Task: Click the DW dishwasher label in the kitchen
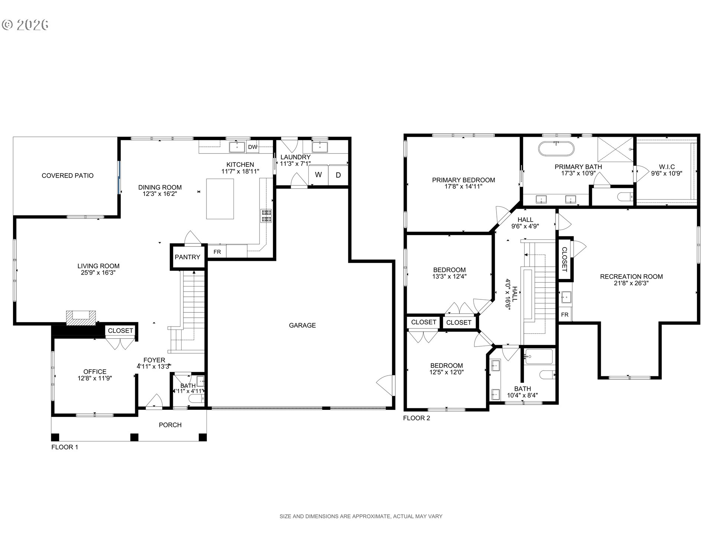[253, 147]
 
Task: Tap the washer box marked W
[318, 175]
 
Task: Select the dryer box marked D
[338, 175]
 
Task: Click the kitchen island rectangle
[220, 199]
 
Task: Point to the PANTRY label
[188, 257]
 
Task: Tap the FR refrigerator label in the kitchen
[217, 252]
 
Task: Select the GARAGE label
[302, 325]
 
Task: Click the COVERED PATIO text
[68, 176]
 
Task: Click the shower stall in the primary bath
[615, 149]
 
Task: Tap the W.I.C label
[667, 167]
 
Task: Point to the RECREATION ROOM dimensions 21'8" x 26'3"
[631, 283]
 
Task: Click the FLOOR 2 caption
[416, 418]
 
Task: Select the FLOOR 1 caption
[65, 447]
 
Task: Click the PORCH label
[170, 425]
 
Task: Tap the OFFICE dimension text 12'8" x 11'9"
[95, 378]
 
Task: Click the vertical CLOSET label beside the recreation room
[564, 259]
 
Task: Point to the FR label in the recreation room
[565, 315]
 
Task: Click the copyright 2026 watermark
[25, 25]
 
